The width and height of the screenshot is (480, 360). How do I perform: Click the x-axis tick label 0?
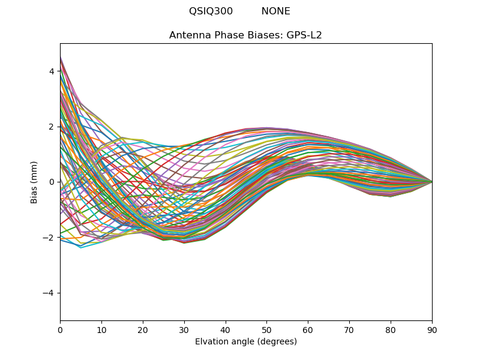pos(60,329)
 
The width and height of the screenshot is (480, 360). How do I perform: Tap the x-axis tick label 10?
pos(101,329)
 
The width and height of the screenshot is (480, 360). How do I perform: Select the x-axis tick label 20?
pos(143,329)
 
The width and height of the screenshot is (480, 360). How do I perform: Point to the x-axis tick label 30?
pos(184,329)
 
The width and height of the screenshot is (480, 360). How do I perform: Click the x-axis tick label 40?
pos(226,329)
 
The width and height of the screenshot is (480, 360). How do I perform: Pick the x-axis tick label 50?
pos(266,329)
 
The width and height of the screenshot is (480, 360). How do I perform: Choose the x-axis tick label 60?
pos(308,329)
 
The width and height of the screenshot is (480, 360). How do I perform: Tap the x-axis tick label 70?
pos(349,329)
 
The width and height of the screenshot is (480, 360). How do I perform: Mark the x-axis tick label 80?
pos(391,329)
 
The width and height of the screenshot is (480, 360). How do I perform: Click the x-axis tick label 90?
pos(432,329)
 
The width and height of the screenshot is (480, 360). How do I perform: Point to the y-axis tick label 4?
pos(52,71)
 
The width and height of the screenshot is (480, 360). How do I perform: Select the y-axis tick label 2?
pos(52,127)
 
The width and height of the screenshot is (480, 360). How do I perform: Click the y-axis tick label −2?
pos(49,238)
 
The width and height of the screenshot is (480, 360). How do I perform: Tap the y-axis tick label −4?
pos(49,293)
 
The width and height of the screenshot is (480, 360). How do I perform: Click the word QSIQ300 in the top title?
pos(211,11)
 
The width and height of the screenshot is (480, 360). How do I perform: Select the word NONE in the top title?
pos(275,11)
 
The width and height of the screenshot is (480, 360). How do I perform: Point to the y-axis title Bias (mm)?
pos(34,182)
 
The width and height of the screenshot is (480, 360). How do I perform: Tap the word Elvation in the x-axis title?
pos(211,341)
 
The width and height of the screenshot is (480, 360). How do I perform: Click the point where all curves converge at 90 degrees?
pos(432,182)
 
